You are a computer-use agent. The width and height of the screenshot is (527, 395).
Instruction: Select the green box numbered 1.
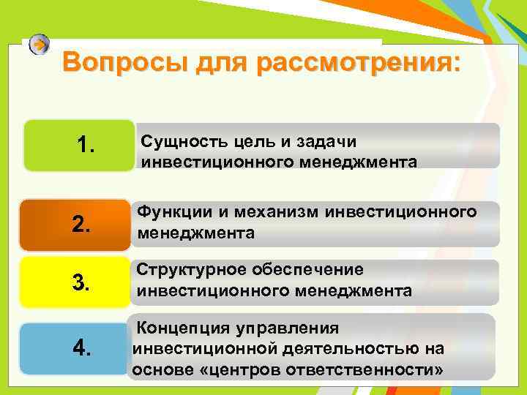[x=79, y=145]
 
